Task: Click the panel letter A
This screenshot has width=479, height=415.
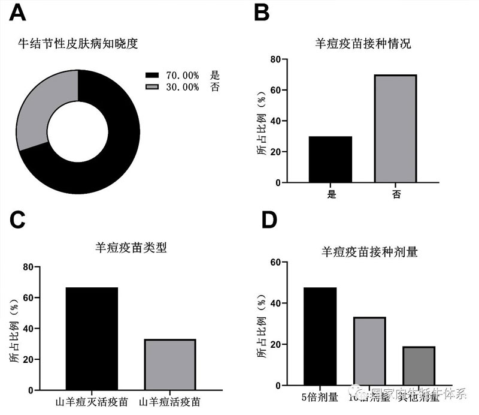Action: click(x=21, y=14)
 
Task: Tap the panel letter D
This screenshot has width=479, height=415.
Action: click(x=270, y=220)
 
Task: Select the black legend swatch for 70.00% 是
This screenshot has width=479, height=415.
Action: click(x=152, y=76)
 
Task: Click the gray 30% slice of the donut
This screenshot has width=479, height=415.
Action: click(x=42, y=108)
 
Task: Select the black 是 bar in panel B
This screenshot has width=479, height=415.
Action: click(x=330, y=159)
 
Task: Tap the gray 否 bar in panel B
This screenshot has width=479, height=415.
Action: click(x=396, y=128)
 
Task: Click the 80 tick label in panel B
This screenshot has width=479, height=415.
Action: click(x=275, y=59)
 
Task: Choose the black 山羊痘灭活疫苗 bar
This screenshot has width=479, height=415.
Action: click(x=92, y=339)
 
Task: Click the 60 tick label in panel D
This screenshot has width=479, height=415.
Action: click(x=275, y=262)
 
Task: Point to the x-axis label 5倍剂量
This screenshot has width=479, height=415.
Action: click(x=319, y=396)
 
